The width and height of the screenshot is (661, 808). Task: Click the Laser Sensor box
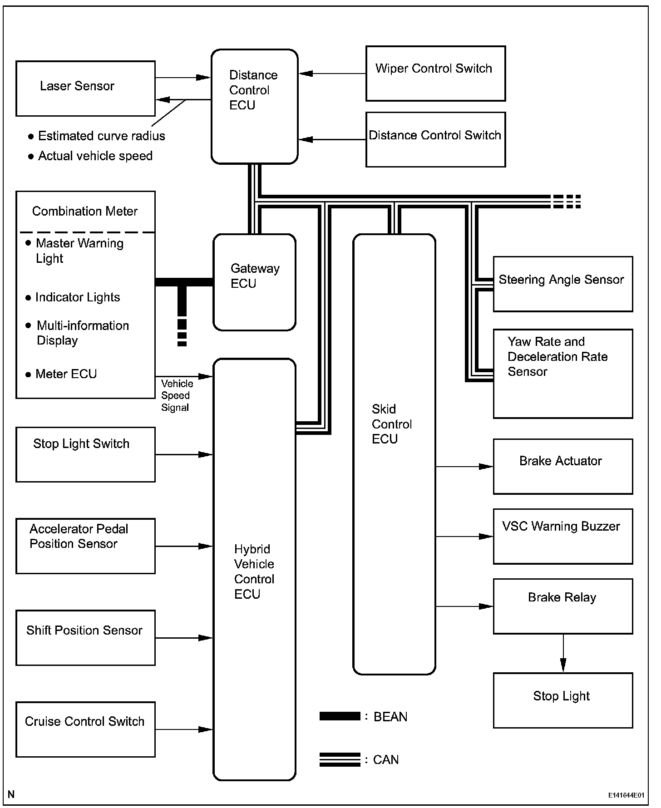point(85,89)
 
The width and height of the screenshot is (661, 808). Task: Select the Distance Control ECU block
point(254,107)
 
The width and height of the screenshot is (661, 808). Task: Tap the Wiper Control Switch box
point(435,74)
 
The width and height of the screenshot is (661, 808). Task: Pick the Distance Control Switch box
point(435,140)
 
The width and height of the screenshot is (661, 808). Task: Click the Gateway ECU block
point(254,282)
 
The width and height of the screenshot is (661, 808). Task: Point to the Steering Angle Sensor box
point(562,284)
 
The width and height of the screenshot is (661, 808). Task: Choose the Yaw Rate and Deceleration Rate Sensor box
point(562,373)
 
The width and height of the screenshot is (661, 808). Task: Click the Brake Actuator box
point(562,466)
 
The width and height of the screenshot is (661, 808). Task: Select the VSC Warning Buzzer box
point(562,536)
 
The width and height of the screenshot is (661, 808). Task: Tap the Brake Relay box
point(562,606)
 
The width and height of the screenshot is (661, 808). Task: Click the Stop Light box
point(562,700)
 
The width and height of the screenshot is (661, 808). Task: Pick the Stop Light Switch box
point(85,454)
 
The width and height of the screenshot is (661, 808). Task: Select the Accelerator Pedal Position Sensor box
point(85,546)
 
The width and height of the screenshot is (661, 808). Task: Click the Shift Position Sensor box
point(85,638)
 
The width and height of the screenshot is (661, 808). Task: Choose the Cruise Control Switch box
point(85,729)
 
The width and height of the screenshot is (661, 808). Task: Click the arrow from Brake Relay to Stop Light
point(563,653)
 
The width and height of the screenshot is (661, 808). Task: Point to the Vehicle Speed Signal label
point(176,396)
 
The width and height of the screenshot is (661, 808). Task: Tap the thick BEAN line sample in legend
point(340,716)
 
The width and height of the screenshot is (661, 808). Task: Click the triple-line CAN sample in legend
point(340,759)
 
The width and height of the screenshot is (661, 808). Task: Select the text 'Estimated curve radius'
point(101,136)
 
